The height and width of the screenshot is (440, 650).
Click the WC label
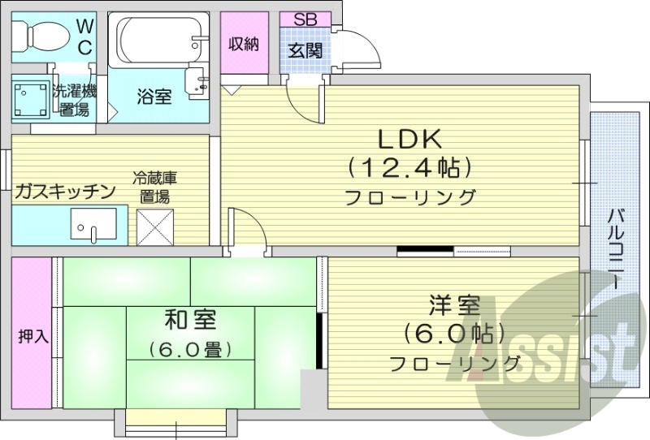[84, 37]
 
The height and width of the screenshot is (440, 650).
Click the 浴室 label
[153, 97]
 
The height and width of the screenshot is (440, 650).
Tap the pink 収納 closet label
[243, 44]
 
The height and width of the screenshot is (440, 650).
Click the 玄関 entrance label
[306, 50]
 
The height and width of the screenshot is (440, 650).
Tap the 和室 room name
[190, 320]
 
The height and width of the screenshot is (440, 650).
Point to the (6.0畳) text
[190, 350]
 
